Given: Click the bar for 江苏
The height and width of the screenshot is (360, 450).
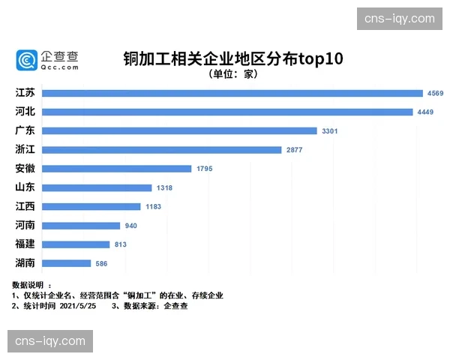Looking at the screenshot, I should (232, 93).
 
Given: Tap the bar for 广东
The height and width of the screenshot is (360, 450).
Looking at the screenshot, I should (180, 130).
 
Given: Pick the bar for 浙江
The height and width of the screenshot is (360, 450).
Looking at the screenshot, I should (162, 150).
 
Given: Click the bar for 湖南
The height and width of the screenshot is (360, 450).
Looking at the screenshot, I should (67, 263).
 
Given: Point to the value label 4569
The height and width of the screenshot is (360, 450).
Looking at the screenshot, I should (436, 93).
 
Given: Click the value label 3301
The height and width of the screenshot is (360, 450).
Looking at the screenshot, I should (330, 130).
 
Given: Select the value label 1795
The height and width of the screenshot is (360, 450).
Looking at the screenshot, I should (204, 169).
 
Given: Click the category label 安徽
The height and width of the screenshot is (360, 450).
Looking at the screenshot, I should (25, 169).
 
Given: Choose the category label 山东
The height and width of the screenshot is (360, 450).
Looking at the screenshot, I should (25, 187).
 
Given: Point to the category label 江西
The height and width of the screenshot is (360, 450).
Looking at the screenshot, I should (25, 206).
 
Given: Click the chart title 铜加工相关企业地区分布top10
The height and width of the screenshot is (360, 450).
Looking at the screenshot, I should (232, 59).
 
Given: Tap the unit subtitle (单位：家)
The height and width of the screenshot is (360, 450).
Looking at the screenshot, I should (233, 74).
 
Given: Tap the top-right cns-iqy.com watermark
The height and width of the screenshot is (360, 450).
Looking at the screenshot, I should (399, 18).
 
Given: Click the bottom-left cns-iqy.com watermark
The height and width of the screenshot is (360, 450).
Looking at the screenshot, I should (50, 341).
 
